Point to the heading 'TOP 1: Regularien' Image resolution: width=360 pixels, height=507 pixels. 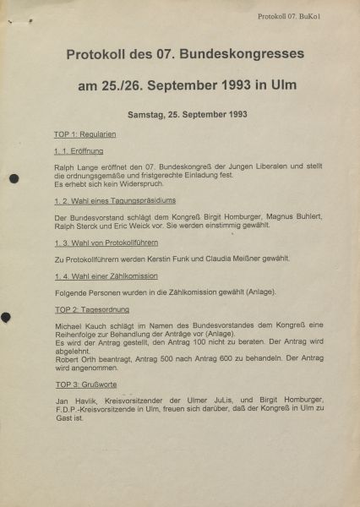85,134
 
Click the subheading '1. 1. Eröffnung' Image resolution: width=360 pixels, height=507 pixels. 79,151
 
